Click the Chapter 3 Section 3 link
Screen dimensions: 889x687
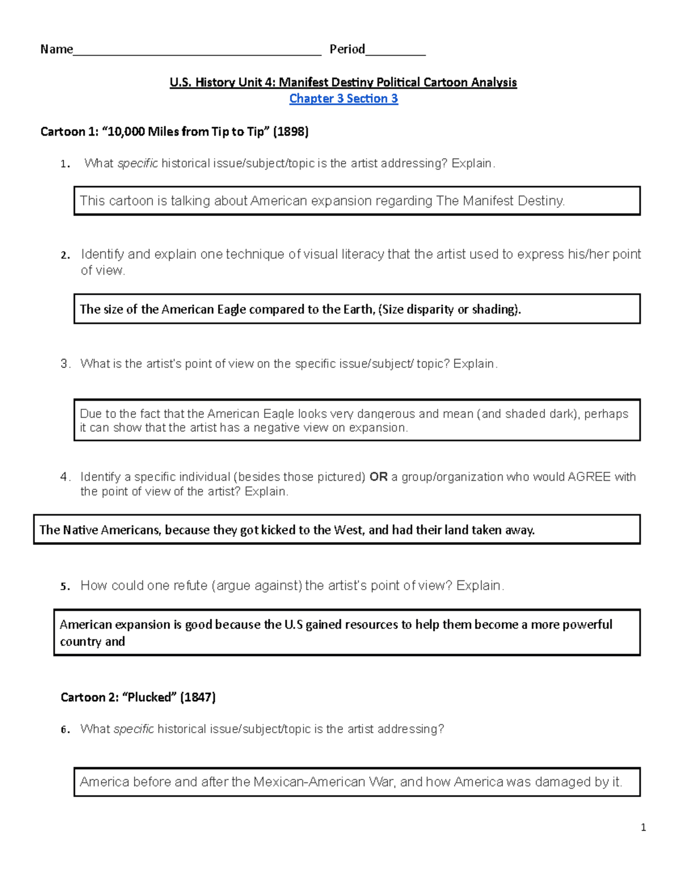[x=343, y=98]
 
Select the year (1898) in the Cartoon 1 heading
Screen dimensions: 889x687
[x=291, y=132]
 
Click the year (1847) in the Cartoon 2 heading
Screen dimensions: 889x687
[x=198, y=697]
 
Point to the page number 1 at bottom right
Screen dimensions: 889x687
[x=643, y=827]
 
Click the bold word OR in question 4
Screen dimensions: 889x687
[x=378, y=477]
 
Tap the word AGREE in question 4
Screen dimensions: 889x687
[x=589, y=477]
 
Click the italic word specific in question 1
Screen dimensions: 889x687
[x=137, y=164]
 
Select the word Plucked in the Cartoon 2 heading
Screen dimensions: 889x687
[x=150, y=697]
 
